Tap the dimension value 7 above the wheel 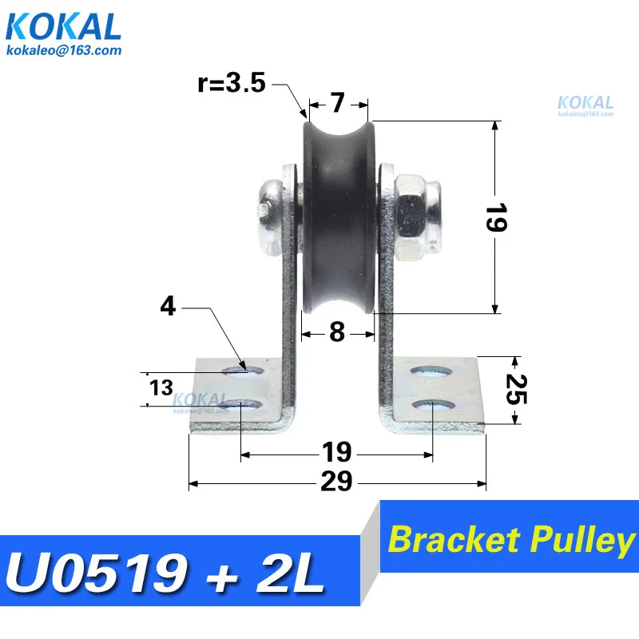coord(338,103)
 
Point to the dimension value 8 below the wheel coord(337,331)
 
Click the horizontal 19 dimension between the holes coord(337,452)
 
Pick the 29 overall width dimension coord(337,482)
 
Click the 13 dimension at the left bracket coord(161,389)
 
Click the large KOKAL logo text coord(64,28)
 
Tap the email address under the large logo coord(64,50)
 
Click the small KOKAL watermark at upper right coord(585,103)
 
